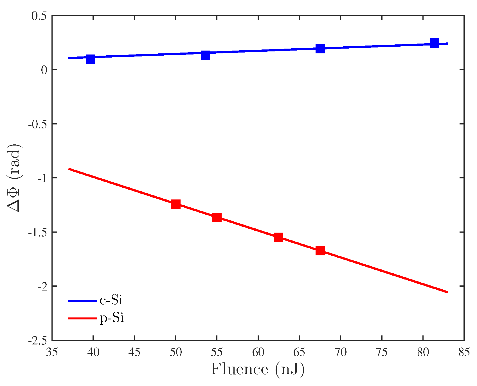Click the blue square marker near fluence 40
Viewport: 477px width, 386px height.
pos(90,59)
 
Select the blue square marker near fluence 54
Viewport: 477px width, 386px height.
pos(206,55)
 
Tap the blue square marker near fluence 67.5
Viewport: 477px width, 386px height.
pos(320,49)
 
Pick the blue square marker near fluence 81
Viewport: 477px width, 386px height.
pos(435,43)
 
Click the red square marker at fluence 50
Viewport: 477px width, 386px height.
pos(176,204)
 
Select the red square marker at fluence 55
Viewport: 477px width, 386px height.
pos(217,217)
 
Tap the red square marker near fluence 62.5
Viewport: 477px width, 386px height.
pos(278,237)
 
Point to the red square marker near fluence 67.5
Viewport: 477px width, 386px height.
pos(320,250)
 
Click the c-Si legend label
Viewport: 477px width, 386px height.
pos(111,300)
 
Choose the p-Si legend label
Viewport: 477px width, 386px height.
pos(112,318)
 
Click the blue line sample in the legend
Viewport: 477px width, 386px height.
pos(82,301)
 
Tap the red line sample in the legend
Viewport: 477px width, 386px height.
pos(82,318)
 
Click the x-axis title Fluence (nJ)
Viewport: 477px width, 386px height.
pos(257,369)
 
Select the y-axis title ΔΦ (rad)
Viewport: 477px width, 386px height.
pos(14,178)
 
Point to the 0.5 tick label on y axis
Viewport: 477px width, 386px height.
pos(39,16)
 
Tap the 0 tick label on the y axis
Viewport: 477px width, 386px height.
pos(44,70)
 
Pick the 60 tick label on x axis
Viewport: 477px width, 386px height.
pos(258,352)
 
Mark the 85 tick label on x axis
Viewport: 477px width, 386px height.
pos(464,352)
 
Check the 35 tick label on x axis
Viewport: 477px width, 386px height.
pos(52,352)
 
